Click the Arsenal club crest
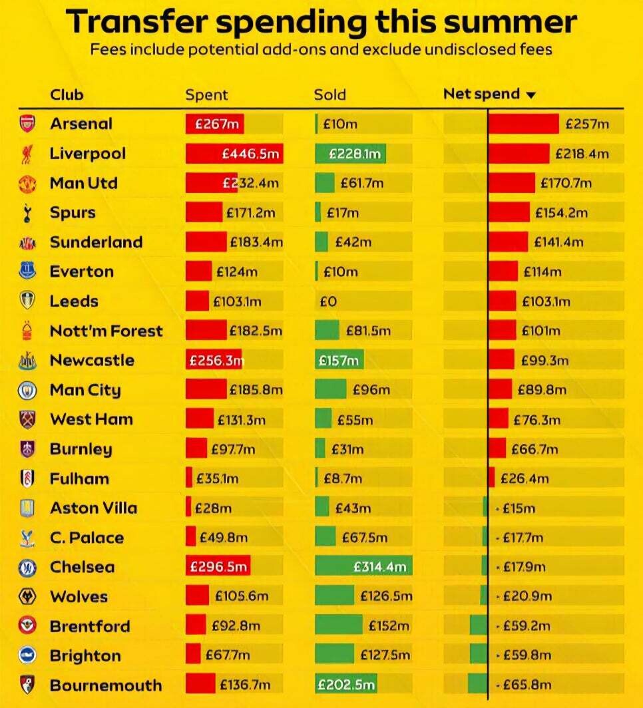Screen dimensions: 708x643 [x=27, y=124]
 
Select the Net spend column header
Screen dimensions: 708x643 [x=481, y=94]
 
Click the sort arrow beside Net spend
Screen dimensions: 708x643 [x=531, y=95]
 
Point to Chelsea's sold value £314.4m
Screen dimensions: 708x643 [x=379, y=567]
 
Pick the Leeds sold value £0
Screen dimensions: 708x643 [x=328, y=301]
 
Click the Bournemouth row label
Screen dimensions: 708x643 [x=105, y=685]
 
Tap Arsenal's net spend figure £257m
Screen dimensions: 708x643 [x=587, y=124]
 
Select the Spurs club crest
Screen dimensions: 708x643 [x=27, y=213]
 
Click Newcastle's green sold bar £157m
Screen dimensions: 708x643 [x=339, y=361]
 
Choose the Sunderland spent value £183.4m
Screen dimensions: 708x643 [x=256, y=242]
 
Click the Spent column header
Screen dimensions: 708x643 [x=206, y=94]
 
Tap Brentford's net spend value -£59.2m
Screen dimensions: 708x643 [x=522, y=626]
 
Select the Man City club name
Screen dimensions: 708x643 [x=85, y=390]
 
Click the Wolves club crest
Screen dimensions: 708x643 [x=27, y=596]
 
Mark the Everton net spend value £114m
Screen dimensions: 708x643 [x=542, y=271]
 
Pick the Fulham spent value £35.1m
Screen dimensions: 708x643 [x=216, y=478]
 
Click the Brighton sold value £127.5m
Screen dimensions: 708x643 [x=385, y=655]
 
